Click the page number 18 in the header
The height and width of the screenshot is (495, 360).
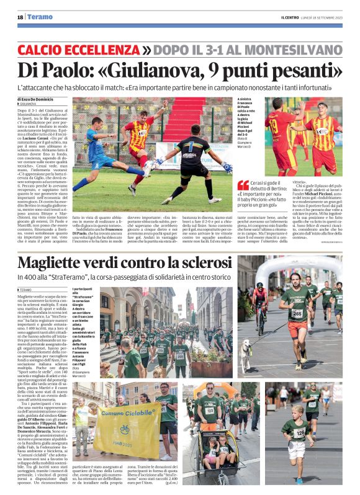(x=20, y=17)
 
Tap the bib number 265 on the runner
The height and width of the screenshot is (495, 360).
(x=297, y=314)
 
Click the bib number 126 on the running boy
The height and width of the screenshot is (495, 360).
(x=299, y=433)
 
